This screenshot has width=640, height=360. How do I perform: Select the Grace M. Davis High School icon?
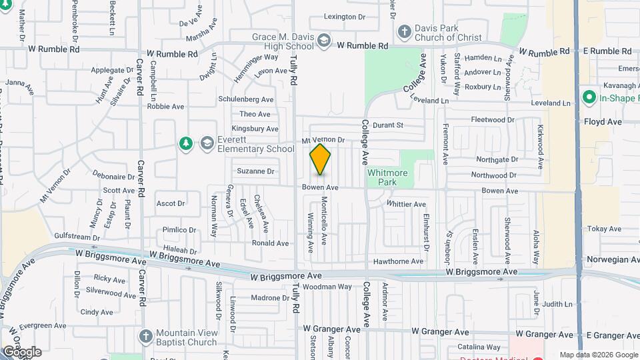(324, 41)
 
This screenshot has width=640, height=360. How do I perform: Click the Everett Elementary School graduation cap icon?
(207, 143)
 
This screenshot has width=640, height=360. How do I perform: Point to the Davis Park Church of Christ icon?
(404, 31)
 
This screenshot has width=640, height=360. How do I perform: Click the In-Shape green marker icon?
(589, 98)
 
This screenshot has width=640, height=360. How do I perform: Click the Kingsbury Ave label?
(255, 129)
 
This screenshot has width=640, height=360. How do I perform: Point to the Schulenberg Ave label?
(247, 99)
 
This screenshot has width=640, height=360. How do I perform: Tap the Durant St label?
(388, 125)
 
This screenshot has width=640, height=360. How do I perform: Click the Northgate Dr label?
(497, 159)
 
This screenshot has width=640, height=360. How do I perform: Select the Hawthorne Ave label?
(399, 261)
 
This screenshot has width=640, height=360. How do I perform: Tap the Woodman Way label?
(327, 287)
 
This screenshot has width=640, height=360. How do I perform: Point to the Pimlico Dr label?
(179, 230)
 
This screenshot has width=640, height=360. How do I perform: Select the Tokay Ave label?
(604, 229)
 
